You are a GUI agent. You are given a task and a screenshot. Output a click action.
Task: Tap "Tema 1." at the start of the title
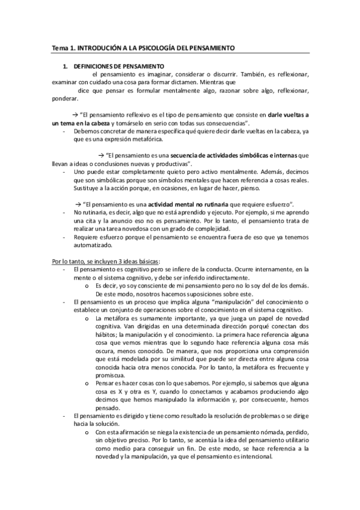click(60, 48)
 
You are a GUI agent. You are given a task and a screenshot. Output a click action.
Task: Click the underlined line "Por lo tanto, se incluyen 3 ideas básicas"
click(105, 261)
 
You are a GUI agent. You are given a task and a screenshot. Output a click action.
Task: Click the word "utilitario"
click(297, 440)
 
